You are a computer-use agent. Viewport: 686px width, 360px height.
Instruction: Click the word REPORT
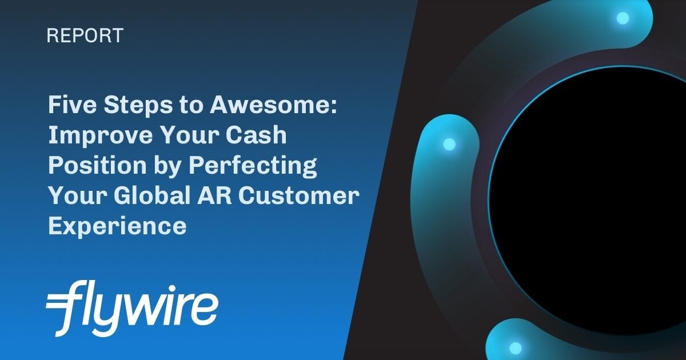tap(85, 36)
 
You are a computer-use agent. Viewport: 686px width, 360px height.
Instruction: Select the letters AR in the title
tap(218, 195)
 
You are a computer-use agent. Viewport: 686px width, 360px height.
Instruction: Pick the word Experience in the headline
tap(117, 226)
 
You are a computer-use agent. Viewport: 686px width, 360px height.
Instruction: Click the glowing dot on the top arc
tap(623, 18)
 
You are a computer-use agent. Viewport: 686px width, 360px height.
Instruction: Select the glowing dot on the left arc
tap(449, 144)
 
